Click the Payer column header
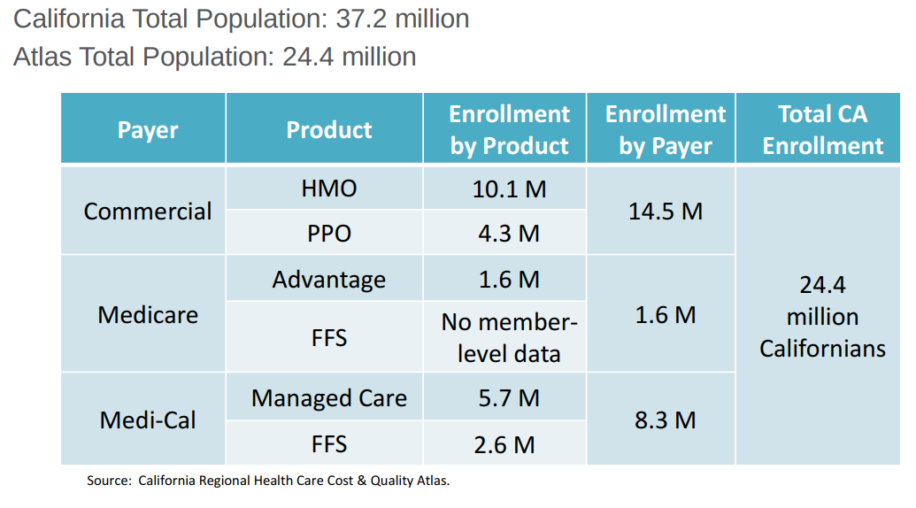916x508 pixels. pos(148,130)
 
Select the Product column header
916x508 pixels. pos(329,130)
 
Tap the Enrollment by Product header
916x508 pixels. pos(509,130)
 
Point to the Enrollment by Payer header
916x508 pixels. pos(665,130)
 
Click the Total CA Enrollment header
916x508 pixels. pos(822,130)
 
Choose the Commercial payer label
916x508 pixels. pos(148,212)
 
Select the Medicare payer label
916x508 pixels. pos(148,315)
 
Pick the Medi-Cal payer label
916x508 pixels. pos(148,419)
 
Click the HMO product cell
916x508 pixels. pos(329,189)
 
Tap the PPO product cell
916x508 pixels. pos(329,234)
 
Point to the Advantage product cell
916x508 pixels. pos(329,280)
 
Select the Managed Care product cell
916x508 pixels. pos(329,398)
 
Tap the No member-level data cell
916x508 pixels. pos(509,338)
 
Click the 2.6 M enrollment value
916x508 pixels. pos(504,444)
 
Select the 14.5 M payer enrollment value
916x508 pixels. pos(665,212)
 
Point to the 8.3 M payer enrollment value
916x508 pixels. pos(665,419)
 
